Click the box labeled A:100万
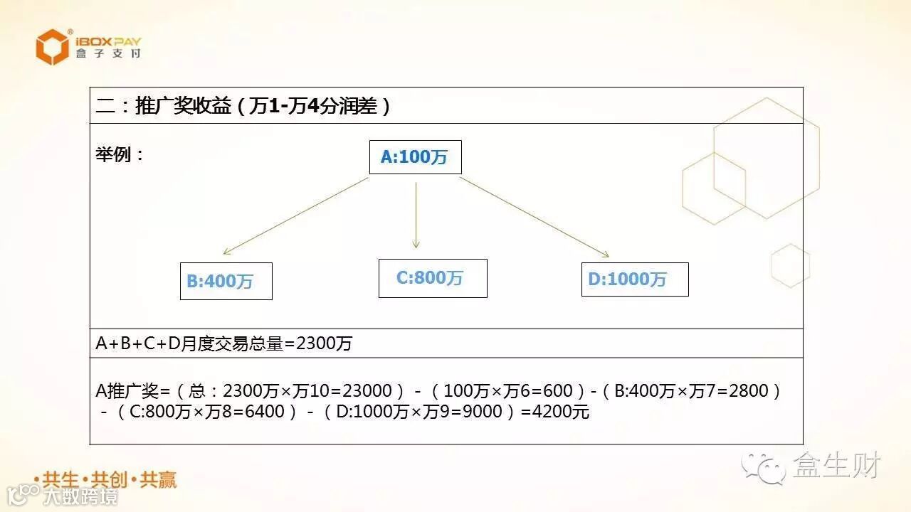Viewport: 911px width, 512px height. [x=415, y=157]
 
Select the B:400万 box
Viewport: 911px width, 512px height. [x=226, y=281]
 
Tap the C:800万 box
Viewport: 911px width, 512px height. [x=433, y=278]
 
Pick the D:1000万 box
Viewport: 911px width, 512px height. [x=635, y=279]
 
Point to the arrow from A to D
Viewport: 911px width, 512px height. [x=534, y=217]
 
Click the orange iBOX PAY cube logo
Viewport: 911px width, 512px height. [x=53, y=47]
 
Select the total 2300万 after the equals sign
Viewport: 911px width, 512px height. [x=324, y=344]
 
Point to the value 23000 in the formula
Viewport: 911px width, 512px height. [x=367, y=390]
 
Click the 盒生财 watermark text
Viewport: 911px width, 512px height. [x=837, y=466]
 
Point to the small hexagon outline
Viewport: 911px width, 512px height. [x=790, y=266]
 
